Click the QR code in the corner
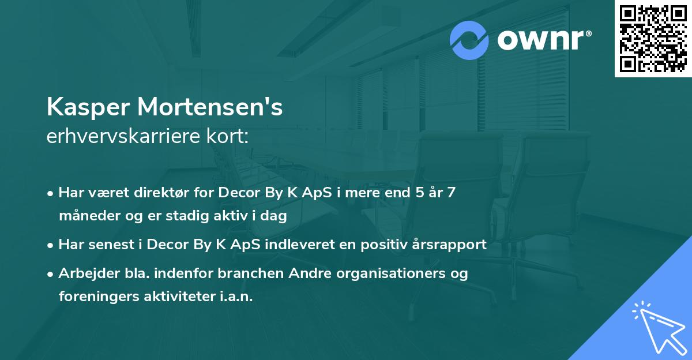653,39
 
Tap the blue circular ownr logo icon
469,40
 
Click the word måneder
86,216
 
